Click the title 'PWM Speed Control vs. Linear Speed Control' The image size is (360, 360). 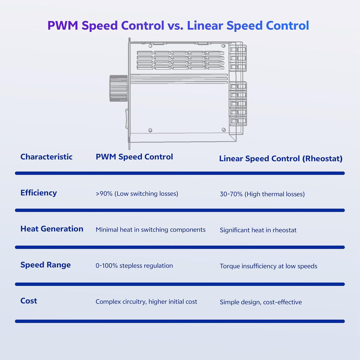pyautogui.click(x=178, y=26)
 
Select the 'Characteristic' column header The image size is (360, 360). pyautogui.click(x=46, y=157)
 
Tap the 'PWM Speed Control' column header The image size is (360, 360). pyautogui.click(x=134, y=157)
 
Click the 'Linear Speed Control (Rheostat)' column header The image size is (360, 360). pyautogui.click(x=281, y=158)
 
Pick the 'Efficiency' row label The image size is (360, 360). pyautogui.click(x=39, y=193)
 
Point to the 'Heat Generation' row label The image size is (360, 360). pyautogui.click(x=52, y=229)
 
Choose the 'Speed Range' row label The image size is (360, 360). pyautogui.click(x=45, y=265)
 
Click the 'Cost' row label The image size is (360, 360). pyautogui.click(x=29, y=301)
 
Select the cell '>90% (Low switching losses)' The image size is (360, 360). pyautogui.click(x=137, y=194)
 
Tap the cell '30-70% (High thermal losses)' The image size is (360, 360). pyautogui.click(x=262, y=194)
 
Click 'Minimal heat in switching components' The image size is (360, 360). pyautogui.click(x=150, y=230)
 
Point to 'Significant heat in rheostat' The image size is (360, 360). pyautogui.click(x=258, y=230)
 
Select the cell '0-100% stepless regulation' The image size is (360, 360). pyautogui.click(x=134, y=266)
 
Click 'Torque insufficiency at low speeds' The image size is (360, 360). pyautogui.click(x=269, y=266)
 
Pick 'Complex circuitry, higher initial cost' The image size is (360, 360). pyautogui.click(x=146, y=302)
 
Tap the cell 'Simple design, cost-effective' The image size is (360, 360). pyautogui.click(x=261, y=302)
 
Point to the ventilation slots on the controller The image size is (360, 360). pyautogui.click(x=180, y=60)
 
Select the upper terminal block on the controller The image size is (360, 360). pyautogui.click(x=238, y=58)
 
